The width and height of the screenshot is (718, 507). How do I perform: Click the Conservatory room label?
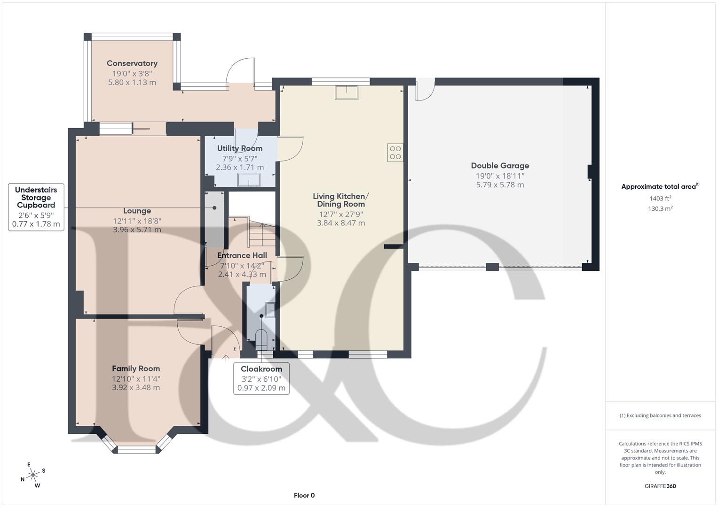tap(132, 63)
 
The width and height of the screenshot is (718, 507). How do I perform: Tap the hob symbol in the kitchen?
tap(395, 153)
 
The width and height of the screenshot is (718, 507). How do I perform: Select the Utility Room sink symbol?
tap(249, 180)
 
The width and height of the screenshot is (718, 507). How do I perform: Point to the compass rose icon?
tap(33, 475)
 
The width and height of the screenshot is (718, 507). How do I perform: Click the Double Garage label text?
tap(500, 166)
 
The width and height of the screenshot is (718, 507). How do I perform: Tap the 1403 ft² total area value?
tap(660, 199)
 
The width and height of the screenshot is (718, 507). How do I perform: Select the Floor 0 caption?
tap(304, 495)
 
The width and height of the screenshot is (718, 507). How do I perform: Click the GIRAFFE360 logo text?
tap(660, 486)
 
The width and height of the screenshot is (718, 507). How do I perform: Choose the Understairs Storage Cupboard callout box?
tap(36, 207)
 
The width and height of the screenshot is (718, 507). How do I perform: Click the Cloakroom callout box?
tap(261, 378)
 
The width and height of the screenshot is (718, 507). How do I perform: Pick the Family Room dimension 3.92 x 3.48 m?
tap(136, 388)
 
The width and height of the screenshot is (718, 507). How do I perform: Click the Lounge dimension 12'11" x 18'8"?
tap(137, 221)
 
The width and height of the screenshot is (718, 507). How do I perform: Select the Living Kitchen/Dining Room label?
tap(341, 200)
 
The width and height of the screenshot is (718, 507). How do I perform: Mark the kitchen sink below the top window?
tap(346, 92)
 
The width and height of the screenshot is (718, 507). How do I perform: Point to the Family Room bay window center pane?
tap(136, 450)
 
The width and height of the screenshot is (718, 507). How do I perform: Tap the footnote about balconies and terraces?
tap(660, 415)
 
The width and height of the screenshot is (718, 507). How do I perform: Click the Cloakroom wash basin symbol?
tap(270, 310)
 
